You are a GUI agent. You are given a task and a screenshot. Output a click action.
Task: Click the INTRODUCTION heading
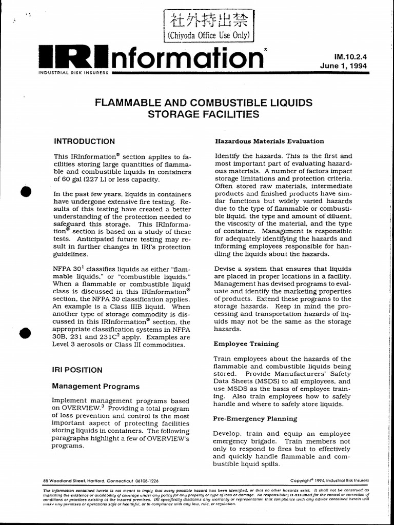(x=85, y=141)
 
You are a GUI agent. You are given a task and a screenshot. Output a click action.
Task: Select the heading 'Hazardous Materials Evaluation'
(x=269, y=141)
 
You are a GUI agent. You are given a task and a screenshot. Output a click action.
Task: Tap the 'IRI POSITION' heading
(x=78, y=370)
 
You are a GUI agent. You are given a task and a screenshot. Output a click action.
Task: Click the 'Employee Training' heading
(x=246, y=344)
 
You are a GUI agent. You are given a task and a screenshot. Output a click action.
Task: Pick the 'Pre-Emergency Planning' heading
(x=255, y=419)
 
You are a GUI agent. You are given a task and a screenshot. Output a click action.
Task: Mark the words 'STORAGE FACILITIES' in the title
(x=204, y=114)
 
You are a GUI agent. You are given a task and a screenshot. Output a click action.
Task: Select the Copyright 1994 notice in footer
(x=329, y=481)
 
